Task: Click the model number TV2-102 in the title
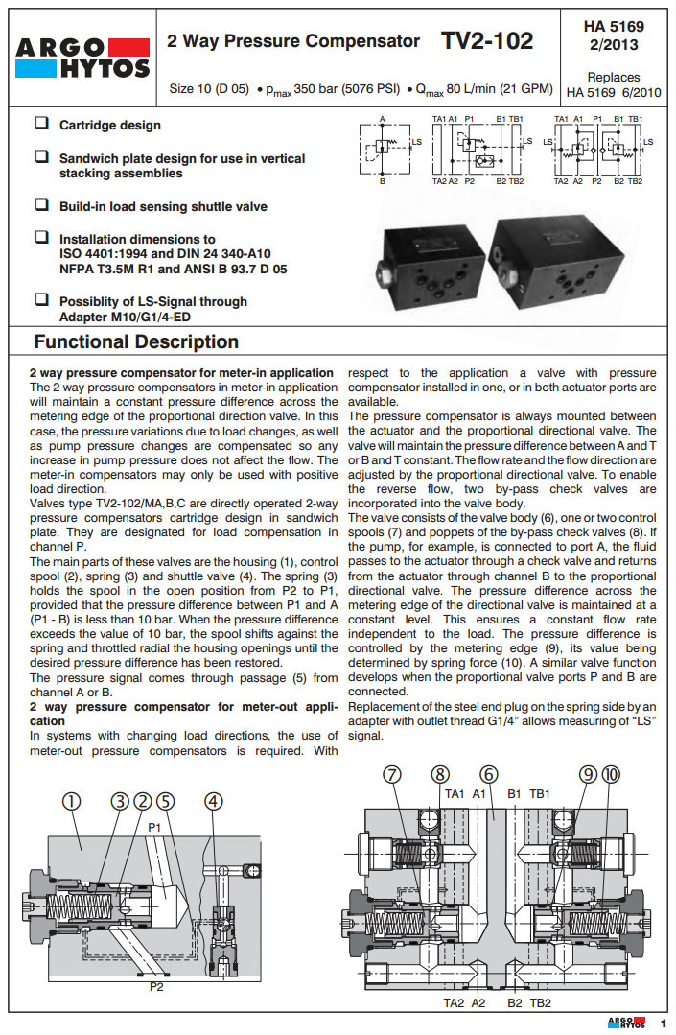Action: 487,41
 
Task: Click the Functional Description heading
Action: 136,342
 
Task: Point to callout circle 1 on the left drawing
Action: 72,802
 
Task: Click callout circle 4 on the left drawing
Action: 213,802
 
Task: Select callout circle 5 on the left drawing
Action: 166,802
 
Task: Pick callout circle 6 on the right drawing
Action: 489,775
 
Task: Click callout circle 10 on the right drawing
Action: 611,775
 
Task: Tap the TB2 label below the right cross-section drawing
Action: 541,1002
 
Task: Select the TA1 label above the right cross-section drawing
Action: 455,794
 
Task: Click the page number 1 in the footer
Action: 662,1023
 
